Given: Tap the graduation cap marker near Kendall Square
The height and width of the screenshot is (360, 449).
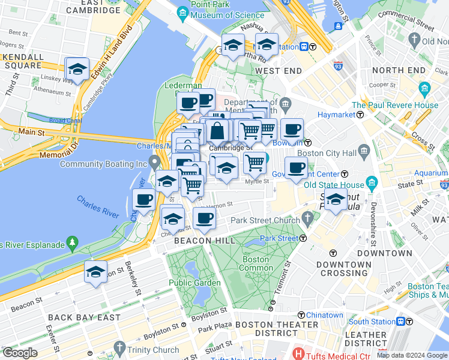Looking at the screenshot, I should (x=77, y=70).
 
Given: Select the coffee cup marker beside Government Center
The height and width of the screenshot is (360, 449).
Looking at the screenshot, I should (x=295, y=168).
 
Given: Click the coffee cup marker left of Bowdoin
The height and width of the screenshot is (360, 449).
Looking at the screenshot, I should (x=292, y=130).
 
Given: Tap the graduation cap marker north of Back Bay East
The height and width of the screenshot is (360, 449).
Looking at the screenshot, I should (x=95, y=272).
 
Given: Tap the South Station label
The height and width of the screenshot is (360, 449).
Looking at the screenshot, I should (x=372, y=322).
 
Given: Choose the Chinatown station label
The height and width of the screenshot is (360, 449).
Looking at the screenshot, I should (x=324, y=315).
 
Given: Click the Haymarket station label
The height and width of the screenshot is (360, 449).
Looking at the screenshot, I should (x=333, y=114).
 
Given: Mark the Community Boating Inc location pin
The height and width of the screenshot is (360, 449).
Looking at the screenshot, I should (x=155, y=162).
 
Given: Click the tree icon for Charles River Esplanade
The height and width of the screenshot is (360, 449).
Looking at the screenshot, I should (x=73, y=242).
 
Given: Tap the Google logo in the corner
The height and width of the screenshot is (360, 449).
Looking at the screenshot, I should (x=19, y=353).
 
